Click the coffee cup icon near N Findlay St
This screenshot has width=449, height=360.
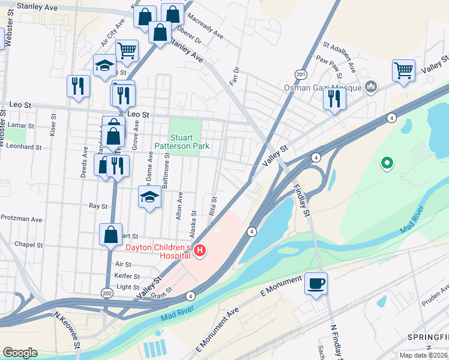coord(316,283)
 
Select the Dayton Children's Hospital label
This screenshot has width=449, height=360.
coord(157,251)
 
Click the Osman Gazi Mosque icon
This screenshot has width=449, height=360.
coord(370,88)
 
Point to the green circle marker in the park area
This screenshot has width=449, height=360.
coord(387,162)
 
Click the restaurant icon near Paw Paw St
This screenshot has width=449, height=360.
coord(334,98)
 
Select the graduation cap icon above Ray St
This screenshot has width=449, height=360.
coord(150,196)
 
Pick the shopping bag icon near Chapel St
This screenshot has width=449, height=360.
coord(110,235)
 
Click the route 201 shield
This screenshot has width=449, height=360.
coord(301,74)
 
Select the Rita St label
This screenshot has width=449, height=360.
coord(213,204)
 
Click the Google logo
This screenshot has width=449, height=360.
coord(20,352)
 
